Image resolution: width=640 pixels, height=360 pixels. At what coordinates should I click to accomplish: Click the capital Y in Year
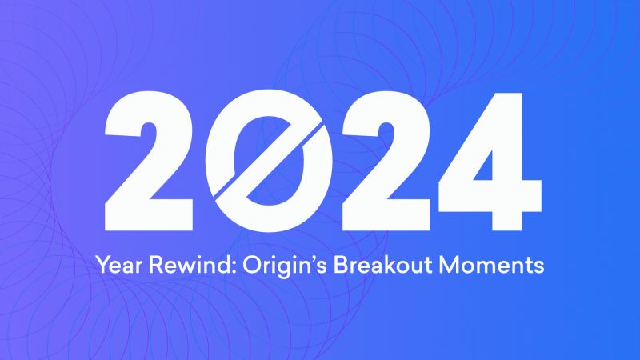101,264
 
